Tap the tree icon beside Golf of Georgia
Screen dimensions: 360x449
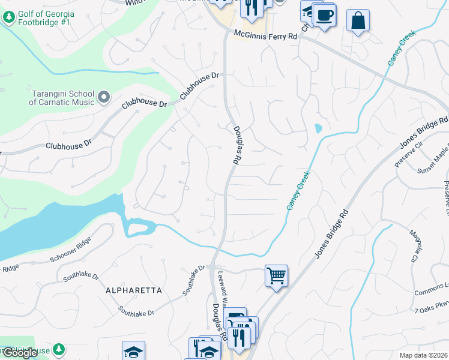tap(8, 18)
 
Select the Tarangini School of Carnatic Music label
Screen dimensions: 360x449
tap(62, 97)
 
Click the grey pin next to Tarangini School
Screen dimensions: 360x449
tap(104, 97)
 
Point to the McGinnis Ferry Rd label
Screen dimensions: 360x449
tap(265, 35)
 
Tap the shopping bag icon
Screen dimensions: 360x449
tap(358, 20)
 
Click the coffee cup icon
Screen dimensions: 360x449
tap(325, 14)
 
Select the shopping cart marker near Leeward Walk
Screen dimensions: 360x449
tap(276, 276)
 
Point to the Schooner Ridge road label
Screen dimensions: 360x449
tap(71, 257)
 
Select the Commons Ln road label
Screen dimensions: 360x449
tap(432, 289)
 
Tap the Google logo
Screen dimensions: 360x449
tap(19, 353)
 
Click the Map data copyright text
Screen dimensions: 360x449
tap(423, 355)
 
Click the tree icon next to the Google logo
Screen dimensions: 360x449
tap(58, 349)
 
